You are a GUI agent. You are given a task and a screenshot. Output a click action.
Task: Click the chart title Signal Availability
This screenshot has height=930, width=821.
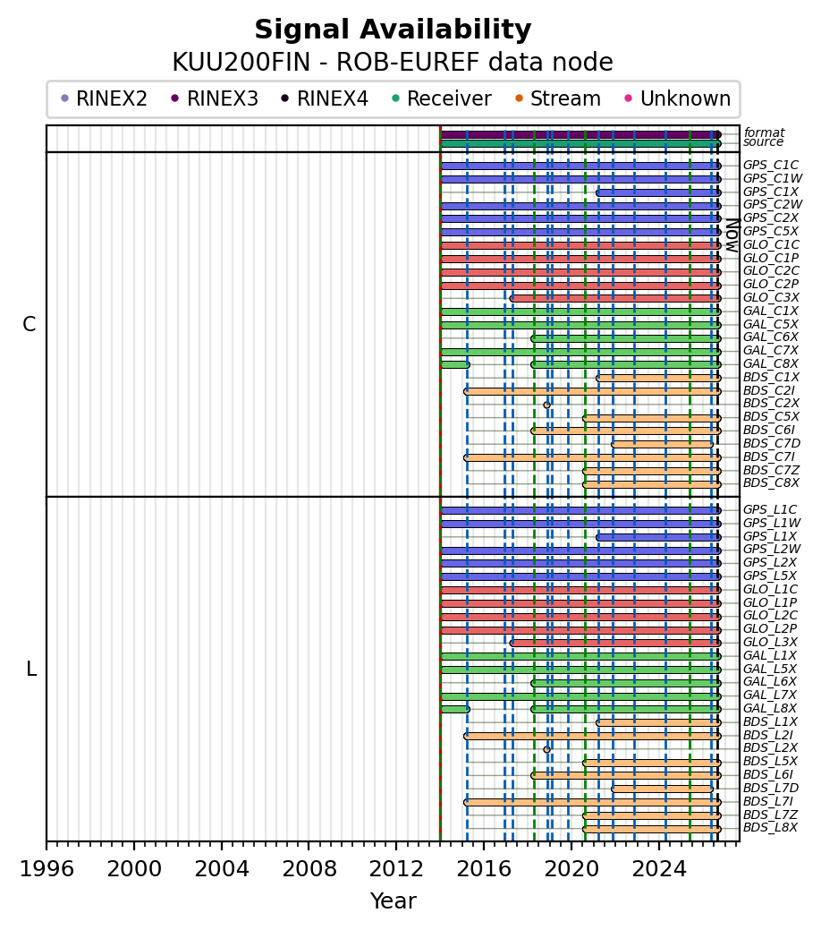pos(393,30)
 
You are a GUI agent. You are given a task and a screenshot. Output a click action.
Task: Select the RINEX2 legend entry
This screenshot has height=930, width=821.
pos(104,98)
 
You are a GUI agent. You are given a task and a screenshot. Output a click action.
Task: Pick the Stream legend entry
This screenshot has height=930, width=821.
pos(558,98)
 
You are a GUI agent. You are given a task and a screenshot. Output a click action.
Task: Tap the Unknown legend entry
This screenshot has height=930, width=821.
pos(678,98)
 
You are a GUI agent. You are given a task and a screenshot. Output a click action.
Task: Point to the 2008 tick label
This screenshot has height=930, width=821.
pos(309,869)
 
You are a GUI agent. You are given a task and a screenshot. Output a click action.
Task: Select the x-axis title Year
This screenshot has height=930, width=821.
pos(393,900)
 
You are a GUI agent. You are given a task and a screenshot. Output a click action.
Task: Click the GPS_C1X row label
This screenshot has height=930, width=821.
pos(771,192)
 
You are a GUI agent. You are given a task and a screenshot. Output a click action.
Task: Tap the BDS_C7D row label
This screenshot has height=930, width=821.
pos(772,443)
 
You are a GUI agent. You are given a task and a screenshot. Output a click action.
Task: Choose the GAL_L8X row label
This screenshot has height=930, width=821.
pos(770,708)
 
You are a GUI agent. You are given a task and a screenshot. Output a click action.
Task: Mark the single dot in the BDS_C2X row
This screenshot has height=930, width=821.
pos(546,405)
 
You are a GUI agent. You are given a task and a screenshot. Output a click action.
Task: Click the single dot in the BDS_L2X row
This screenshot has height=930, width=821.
pos(546,750)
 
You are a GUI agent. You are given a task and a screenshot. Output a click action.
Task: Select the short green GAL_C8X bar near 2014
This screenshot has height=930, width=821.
pos(455,365)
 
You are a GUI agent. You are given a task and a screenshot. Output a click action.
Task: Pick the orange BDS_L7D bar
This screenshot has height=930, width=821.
pos(662,789)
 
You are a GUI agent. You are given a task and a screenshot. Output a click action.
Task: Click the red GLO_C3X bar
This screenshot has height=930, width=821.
pos(615,298)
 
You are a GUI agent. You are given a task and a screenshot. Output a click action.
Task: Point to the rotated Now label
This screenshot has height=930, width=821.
pos(732,236)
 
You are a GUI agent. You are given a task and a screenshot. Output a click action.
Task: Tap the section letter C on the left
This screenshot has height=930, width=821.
pos(29,324)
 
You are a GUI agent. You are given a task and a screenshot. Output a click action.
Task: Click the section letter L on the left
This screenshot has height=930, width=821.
pos(31,669)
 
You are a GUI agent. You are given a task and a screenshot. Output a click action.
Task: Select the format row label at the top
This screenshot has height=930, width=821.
pos(764,132)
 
